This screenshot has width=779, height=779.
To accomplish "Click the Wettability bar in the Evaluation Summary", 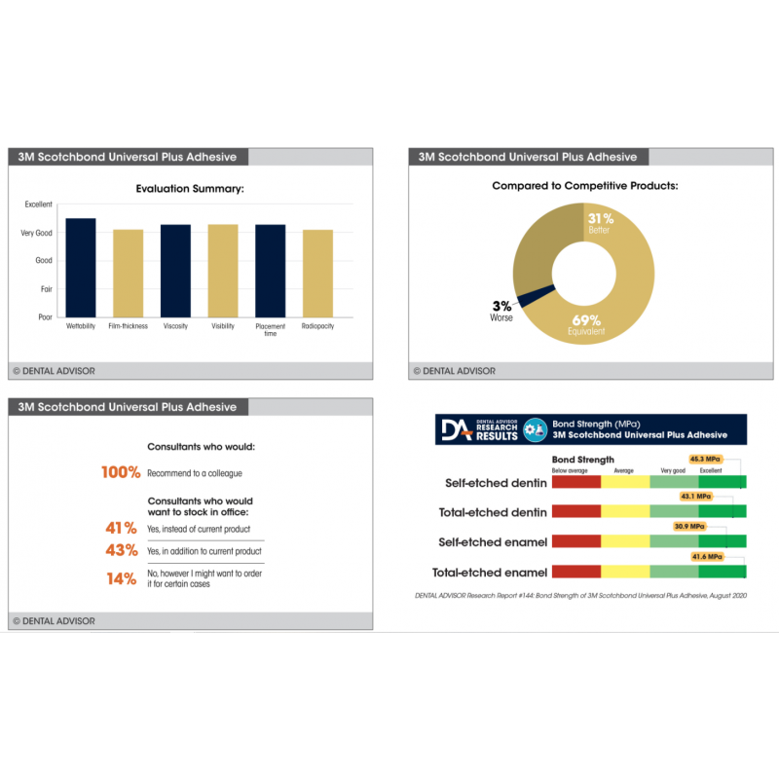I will [x=80, y=268].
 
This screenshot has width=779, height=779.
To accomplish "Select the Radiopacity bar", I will [x=317, y=274].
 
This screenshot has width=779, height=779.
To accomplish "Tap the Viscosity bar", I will [x=175, y=271].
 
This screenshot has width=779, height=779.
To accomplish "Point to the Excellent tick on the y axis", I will [x=39, y=204].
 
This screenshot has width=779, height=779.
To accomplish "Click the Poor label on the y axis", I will [x=45, y=317].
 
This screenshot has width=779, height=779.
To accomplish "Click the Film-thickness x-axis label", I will [x=128, y=326].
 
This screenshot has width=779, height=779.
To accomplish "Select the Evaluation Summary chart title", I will [x=189, y=188].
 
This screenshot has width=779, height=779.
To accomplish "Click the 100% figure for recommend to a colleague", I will [x=121, y=472].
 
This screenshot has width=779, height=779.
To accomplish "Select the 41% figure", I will [x=121, y=528].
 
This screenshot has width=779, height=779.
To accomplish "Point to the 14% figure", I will [x=121, y=577].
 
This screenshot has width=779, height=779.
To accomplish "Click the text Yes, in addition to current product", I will [x=204, y=552].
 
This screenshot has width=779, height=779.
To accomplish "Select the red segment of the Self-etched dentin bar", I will [x=576, y=481].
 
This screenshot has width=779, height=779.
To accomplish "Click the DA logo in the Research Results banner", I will [x=455, y=429].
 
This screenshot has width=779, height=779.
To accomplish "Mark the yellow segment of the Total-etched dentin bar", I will [x=625, y=511].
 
